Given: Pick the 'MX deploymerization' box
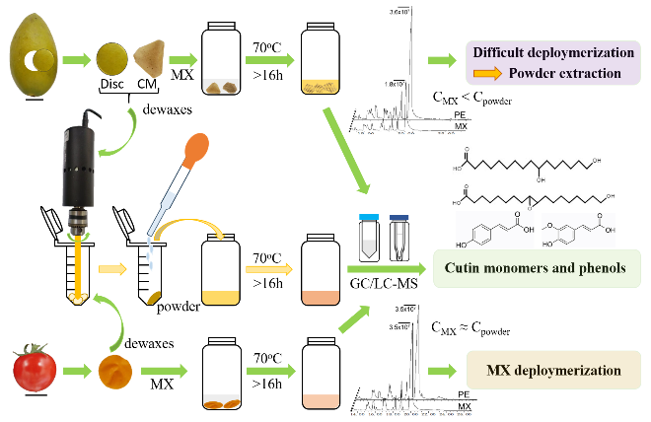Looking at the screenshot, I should tap(544, 371).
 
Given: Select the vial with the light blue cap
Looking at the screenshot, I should tap(371, 237).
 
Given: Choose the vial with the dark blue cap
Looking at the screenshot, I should tap(400, 237).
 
